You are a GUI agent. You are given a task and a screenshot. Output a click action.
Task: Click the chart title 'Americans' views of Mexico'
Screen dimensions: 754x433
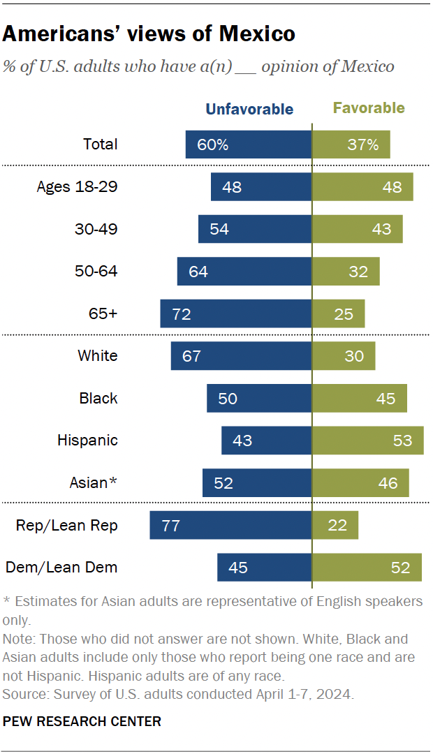[149, 34]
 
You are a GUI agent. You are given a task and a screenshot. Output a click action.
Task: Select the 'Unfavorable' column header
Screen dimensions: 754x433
[249, 109]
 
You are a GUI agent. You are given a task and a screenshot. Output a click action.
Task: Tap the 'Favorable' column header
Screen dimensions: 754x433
[369, 108]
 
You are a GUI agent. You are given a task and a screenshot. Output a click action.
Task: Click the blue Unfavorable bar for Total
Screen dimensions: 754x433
[248, 145]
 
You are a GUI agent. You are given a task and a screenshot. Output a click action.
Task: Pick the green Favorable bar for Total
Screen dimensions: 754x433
[351, 145]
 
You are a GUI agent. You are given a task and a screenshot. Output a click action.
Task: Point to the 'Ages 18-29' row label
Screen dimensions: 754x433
[77, 187]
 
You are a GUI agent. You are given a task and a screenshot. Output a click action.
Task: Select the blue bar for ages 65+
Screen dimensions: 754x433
[235, 313]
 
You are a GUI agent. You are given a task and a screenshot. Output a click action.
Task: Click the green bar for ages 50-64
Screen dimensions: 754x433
[346, 272]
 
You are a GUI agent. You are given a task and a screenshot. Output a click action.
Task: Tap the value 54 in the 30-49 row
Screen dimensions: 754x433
[219, 229]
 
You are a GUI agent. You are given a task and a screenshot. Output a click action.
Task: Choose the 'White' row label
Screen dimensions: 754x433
[98, 356]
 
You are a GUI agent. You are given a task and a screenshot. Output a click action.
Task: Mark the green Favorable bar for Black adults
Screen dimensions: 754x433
[359, 398]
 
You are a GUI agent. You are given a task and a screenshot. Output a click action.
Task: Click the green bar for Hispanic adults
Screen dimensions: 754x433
[367, 441]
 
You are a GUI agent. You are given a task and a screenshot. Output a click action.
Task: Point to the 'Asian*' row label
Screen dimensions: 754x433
[94, 482]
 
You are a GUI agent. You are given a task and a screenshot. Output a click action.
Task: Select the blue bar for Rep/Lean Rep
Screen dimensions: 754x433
[230, 525]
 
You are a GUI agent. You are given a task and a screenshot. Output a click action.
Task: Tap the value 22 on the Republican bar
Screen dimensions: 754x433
[338, 525]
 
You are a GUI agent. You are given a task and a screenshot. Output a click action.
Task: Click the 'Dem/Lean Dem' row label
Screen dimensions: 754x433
[61, 568]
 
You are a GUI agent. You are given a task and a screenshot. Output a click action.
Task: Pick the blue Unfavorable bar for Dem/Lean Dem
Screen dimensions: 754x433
[264, 568]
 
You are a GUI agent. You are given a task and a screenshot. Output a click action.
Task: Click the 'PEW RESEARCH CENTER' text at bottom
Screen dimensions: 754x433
[82, 721]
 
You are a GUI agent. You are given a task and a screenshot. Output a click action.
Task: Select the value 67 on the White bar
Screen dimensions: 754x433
[191, 356]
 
